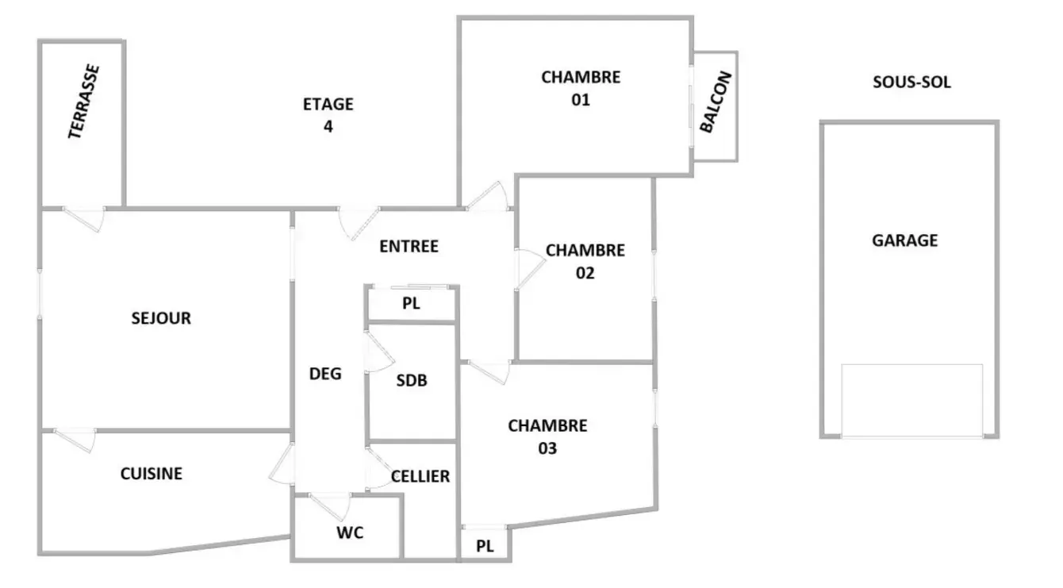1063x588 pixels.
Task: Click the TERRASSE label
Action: click(x=84, y=102)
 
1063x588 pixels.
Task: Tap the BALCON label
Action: click(x=716, y=102)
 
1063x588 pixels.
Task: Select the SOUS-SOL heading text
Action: click(x=911, y=82)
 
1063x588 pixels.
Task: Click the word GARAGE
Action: click(x=905, y=240)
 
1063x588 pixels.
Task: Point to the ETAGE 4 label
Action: click(x=328, y=115)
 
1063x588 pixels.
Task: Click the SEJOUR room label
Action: click(x=161, y=317)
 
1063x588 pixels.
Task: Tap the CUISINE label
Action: click(x=152, y=473)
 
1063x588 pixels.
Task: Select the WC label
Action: click(x=350, y=532)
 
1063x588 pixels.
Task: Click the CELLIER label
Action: click(x=420, y=476)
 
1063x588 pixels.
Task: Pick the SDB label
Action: click(x=412, y=380)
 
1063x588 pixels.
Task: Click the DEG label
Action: click(x=325, y=374)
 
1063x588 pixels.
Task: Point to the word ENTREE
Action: click(x=409, y=246)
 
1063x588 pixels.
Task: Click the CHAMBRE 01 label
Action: click(x=581, y=88)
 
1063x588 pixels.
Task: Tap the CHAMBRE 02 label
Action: click(x=585, y=262)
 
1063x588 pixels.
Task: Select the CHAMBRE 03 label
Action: click(x=547, y=436)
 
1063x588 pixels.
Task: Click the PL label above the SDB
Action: click(x=411, y=303)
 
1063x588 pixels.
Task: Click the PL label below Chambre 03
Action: click(x=485, y=546)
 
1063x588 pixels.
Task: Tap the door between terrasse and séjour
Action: click(x=83, y=218)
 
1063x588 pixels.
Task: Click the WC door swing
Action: click(x=330, y=505)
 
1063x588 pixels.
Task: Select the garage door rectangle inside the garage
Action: click(x=912, y=401)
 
